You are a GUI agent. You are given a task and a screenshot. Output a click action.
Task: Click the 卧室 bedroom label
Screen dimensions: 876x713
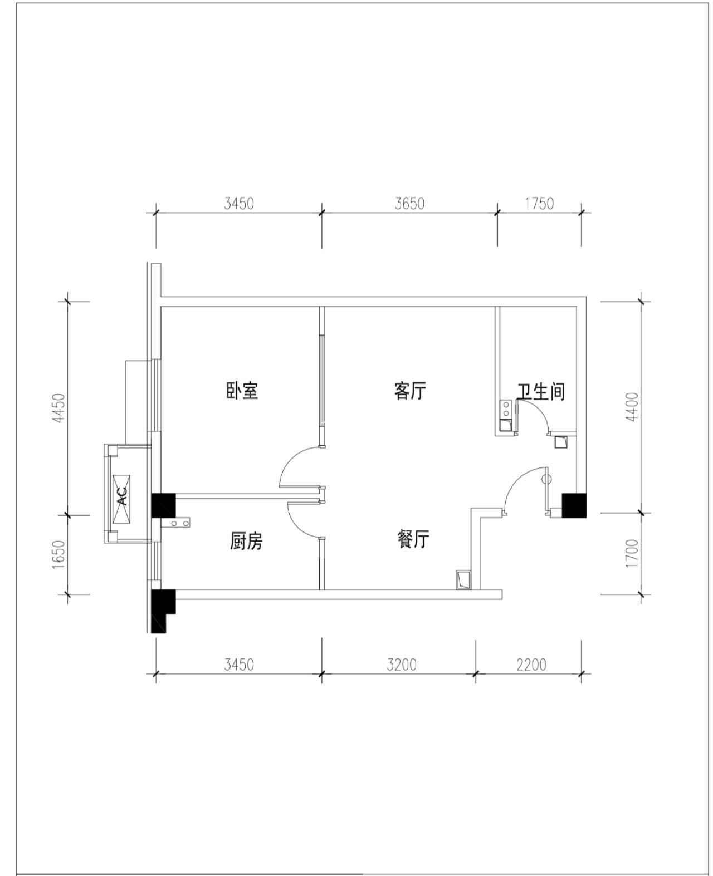tap(242, 391)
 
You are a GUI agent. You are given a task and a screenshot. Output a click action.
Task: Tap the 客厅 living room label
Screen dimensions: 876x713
tap(410, 391)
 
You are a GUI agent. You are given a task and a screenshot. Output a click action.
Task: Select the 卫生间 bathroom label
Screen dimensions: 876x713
tap(540, 391)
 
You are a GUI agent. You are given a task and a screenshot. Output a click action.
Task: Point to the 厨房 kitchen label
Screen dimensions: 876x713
tap(246, 540)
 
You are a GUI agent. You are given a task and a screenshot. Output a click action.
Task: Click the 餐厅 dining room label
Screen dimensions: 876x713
tap(413, 539)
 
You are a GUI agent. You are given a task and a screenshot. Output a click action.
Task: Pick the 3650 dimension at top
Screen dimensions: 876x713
tap(409, 204)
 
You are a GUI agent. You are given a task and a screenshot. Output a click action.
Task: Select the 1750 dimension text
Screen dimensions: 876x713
tap(539, 204)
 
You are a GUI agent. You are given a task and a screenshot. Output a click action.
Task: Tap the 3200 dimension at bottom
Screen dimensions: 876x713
tap(401, 665)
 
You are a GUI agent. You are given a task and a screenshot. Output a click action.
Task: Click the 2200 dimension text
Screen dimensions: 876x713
tap(531, 665)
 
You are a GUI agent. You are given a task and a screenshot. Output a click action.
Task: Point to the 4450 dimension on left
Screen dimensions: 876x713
tap(60, 409)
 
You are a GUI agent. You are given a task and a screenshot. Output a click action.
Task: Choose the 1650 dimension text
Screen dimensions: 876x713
tap(60, 555)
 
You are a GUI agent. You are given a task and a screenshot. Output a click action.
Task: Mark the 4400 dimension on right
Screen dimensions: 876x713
tap(632, 407)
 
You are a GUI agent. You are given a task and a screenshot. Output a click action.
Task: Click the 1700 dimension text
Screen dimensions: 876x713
tap(632, 553)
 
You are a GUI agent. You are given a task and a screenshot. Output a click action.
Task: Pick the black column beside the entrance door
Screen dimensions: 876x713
tap(574, 505)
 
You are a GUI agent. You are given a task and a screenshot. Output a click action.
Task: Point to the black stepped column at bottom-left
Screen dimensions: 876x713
tap(162, 611)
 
